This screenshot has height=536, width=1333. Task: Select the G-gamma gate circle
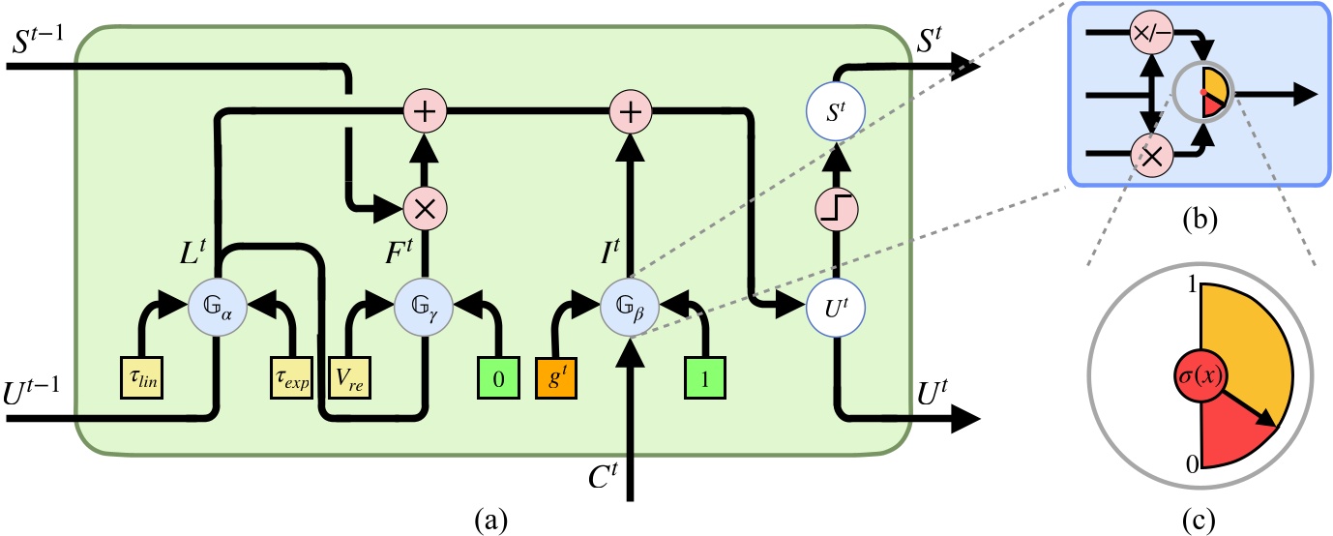(x=424, y=307)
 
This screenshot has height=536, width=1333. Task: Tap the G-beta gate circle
(x=631, y=307)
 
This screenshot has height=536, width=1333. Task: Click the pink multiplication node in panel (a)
(x=424, y=206)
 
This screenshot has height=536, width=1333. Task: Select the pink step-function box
(x=835, y=207)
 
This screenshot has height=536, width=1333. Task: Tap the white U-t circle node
(x=835, y=307)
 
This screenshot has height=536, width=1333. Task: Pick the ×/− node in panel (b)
(x=1147, y=34)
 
